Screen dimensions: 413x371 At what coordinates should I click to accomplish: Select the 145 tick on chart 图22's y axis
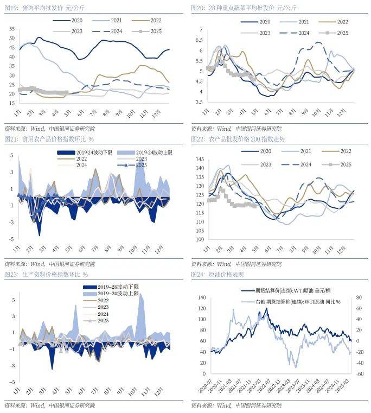point(199,160)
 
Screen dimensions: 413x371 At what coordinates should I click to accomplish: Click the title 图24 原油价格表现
point(218,275)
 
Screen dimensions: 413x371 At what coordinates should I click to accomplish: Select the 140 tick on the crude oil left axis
point(200,298)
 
